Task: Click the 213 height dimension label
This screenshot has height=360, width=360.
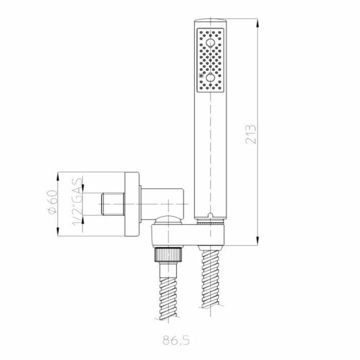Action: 250,134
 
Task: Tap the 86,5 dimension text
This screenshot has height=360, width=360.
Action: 176,340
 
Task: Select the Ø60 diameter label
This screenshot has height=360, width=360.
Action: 53,202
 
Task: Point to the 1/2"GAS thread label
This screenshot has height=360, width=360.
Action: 77,202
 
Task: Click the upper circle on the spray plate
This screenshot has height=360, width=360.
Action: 210,43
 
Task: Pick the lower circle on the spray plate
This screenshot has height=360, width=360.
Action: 210,77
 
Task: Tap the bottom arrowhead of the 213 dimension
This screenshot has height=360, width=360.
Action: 257,241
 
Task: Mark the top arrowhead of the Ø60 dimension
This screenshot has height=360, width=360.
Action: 58,177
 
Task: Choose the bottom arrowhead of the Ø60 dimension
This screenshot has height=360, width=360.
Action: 58,232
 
